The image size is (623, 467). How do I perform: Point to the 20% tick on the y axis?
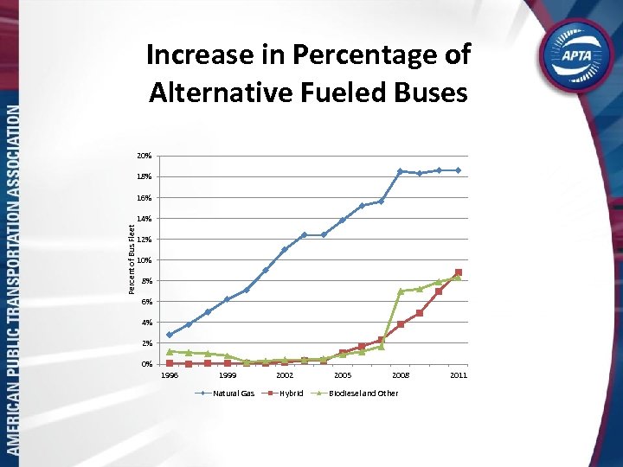pyautogui.click(x=144, y=156)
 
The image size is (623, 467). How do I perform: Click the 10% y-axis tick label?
pyautogui.click(x=144, y=260)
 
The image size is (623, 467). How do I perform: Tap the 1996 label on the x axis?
pyautogui.click(x=170, y=375)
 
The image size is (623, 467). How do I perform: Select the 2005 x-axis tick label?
pyautogui.click(x=343, y=375)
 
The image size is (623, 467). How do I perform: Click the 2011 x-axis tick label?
pyautogui.click(x=459, y=375)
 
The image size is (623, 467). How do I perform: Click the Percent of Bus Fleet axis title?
pyautogui.click(x=132, y=259)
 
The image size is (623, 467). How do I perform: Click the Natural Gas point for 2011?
pyautogui.click(x=459, y=170)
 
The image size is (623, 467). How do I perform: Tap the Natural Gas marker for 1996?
pyautogui.click(x=170, y=335)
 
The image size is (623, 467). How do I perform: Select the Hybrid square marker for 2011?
pyautogui.click(x=459, y=272)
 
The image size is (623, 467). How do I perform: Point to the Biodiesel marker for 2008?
pyautogui.click(x=401, y=291)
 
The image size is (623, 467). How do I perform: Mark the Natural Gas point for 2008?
pyautogui.click(x=401, y=171)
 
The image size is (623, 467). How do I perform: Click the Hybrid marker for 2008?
pyautogui.click(x=401, y=324)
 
